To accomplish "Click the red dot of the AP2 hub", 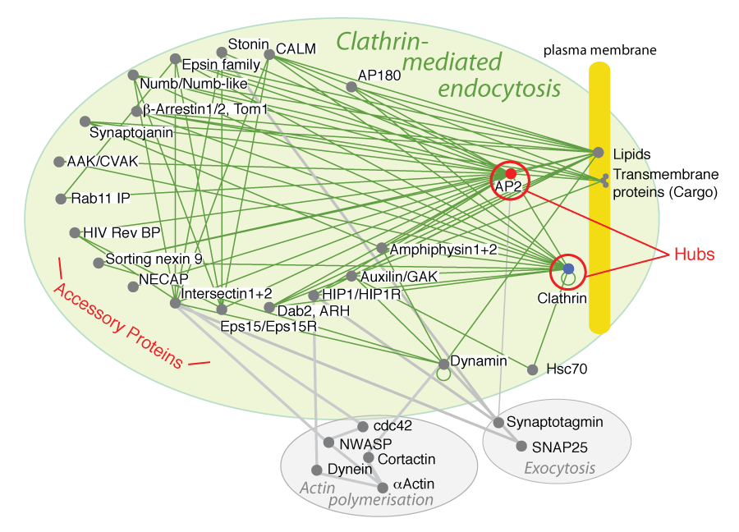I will [x=510, y=174].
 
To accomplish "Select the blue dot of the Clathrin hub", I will [x=568, y=268].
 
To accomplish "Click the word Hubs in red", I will [x=695, y=254].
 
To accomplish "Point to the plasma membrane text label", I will [x=599, y=51].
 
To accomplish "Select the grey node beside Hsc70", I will [x=533, y=369].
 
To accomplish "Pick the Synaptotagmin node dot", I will [x=498, y=422].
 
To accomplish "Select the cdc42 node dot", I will [x=363, y=426].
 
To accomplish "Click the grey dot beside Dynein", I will [x=316, y=470].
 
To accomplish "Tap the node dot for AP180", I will [x=351, y=86].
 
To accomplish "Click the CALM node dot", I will [x=269, y=55].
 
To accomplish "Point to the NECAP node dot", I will [x=132, y=287].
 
